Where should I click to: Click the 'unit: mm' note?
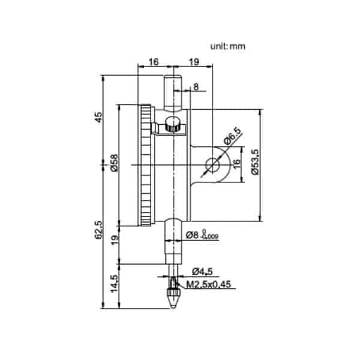tap(227, 46)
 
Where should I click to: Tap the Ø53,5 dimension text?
tap(254, 162)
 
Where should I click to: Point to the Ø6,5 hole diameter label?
tap(232, 140)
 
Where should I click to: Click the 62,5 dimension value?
tap(99, 230)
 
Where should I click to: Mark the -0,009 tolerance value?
tap(211, 238)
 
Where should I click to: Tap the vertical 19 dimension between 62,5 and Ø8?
tap(114, 240)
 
